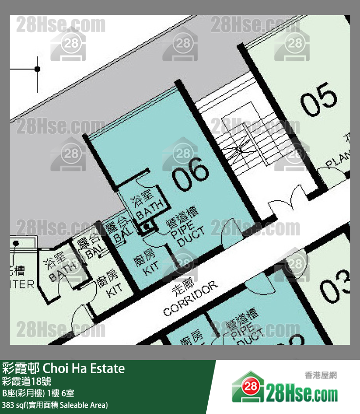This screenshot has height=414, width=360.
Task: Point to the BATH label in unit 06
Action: [x=149, y=208]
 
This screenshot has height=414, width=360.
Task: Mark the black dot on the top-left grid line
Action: [x=37, y=69]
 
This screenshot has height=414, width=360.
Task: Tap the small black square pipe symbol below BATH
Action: [x=146, y=227]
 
